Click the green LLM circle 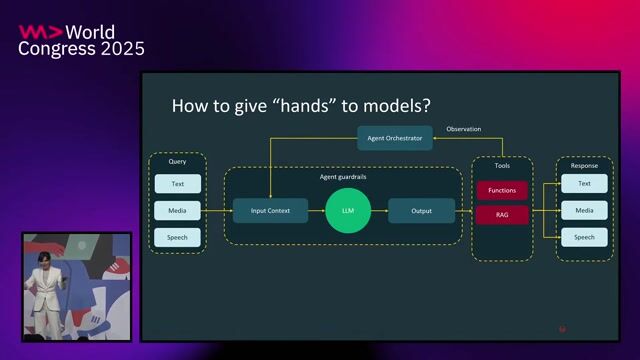click(348, 211)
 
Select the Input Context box click(270, 211)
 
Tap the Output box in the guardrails click(421, 211)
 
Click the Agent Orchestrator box click(395, 138)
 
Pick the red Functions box click(502, 190)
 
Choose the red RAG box click(502, 214)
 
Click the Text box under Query click(177, 184)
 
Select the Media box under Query click(177, 211)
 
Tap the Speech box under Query click(177, 238)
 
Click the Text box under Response click(584, 184)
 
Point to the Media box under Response click(584, 211)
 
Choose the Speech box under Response click(584, 238)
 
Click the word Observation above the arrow click(463, 129)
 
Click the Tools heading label click(502, 165)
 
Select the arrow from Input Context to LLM click(316, 211)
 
